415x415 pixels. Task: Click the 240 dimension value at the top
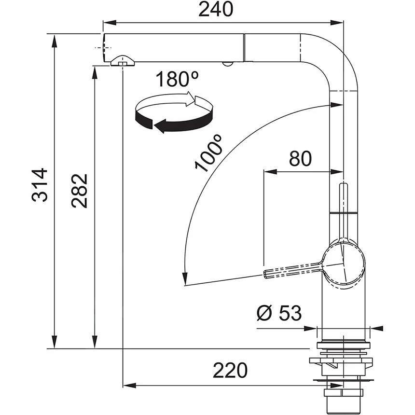[x=216, y=10]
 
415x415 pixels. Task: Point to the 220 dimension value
[x=230, y=371]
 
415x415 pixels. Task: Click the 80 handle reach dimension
[x=300, y=159]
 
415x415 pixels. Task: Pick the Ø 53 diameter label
[x=279, y=314]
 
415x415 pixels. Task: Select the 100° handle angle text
[x=208, y=153]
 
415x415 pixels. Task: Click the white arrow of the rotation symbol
[x=188, y=99]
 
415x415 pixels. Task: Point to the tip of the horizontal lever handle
[x=266, y=274]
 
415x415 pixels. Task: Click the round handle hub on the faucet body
[x=343, y=264]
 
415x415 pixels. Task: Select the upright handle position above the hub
[x=343, y=203]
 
